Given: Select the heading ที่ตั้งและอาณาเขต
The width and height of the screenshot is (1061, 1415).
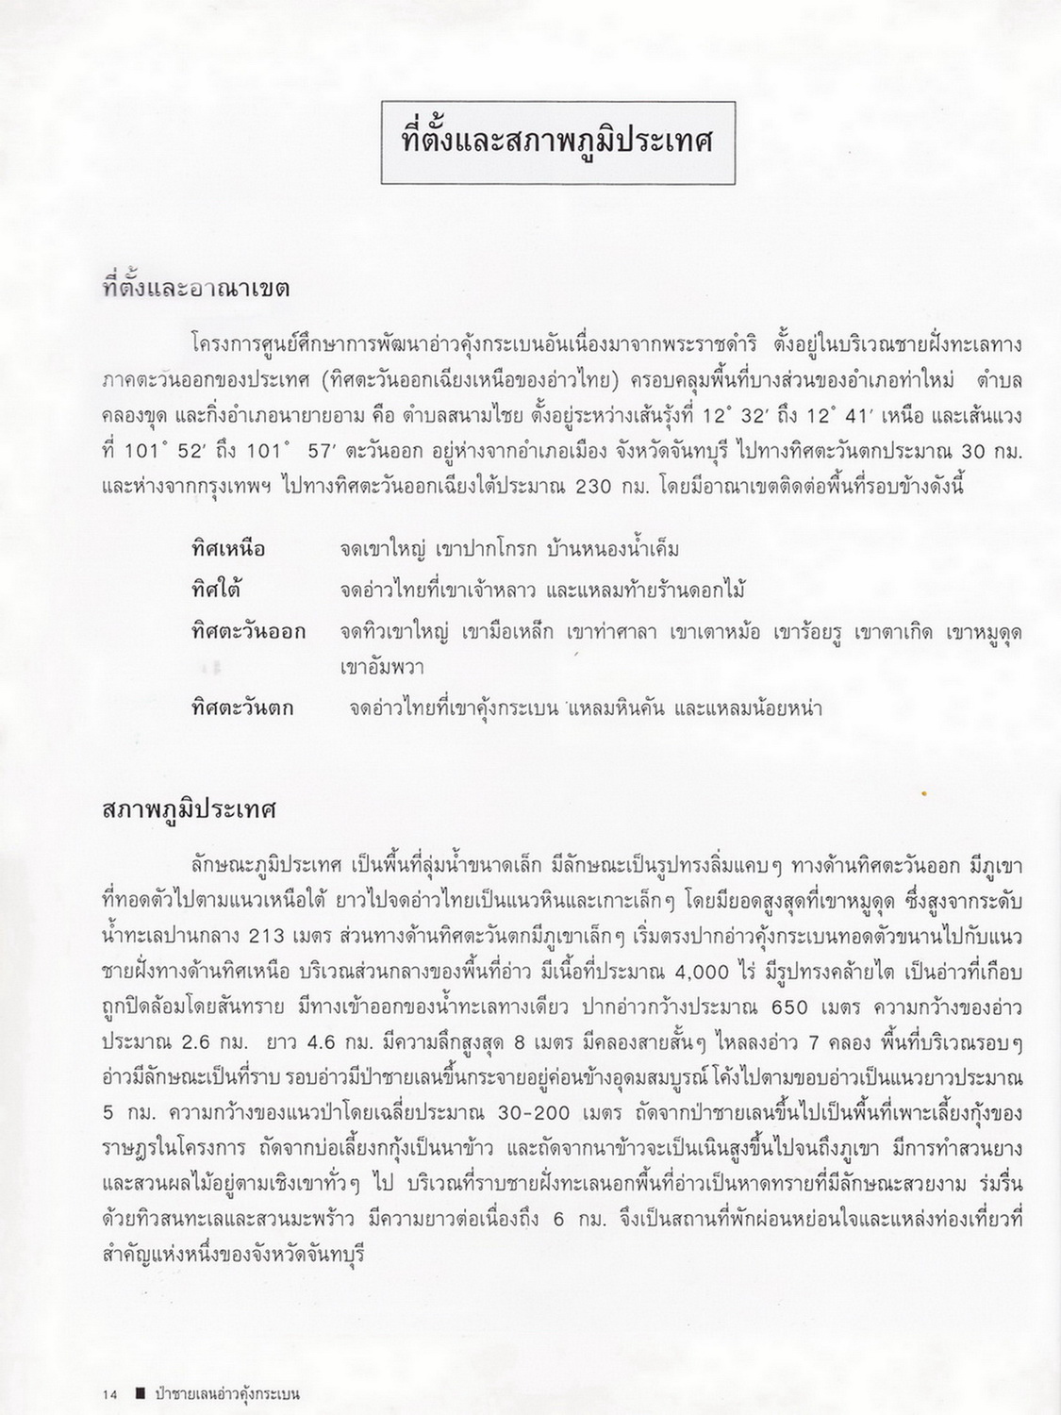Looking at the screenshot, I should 195,288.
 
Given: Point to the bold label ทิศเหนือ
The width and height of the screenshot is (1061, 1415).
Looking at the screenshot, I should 227,548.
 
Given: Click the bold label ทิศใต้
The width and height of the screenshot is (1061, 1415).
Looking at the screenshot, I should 215,591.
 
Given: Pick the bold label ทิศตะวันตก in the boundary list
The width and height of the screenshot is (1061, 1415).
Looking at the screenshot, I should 241,707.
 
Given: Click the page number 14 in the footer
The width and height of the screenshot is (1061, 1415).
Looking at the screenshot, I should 110,1392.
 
